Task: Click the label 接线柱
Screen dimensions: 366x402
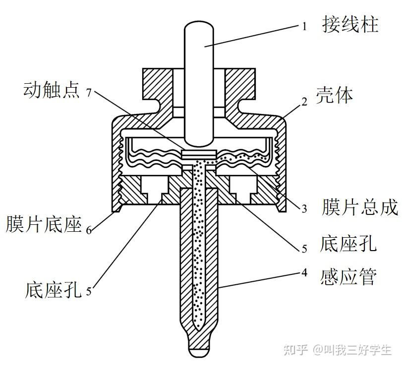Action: [350, 24]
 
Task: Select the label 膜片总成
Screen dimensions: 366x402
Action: [360, 208]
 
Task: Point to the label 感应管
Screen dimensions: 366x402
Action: [348, 276]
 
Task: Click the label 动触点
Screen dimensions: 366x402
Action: [51, 92]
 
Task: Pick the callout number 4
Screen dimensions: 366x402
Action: [304, 272]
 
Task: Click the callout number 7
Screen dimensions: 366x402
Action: [89, 93]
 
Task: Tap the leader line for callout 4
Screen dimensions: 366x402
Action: [258, 280]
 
